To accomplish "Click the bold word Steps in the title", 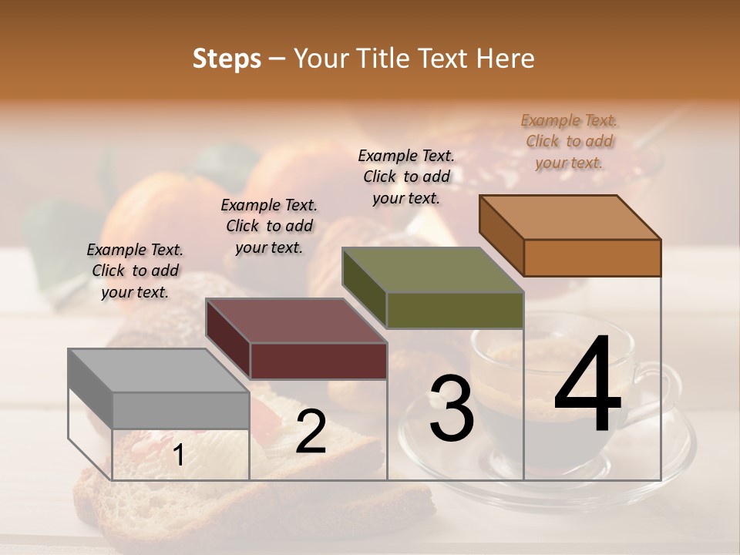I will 227,59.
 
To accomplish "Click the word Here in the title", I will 506,59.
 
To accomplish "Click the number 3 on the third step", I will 451,409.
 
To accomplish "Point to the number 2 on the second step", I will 311,432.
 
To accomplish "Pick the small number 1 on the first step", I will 178,456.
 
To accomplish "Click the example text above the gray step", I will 135,271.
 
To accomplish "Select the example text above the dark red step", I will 269,227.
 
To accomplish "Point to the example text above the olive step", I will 406,177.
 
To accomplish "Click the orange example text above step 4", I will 569,141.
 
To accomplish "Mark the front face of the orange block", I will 592,257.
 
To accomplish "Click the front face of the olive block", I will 455,310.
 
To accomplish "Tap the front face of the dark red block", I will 318,361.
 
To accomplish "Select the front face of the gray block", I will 181,410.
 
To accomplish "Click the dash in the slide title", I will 277,59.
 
